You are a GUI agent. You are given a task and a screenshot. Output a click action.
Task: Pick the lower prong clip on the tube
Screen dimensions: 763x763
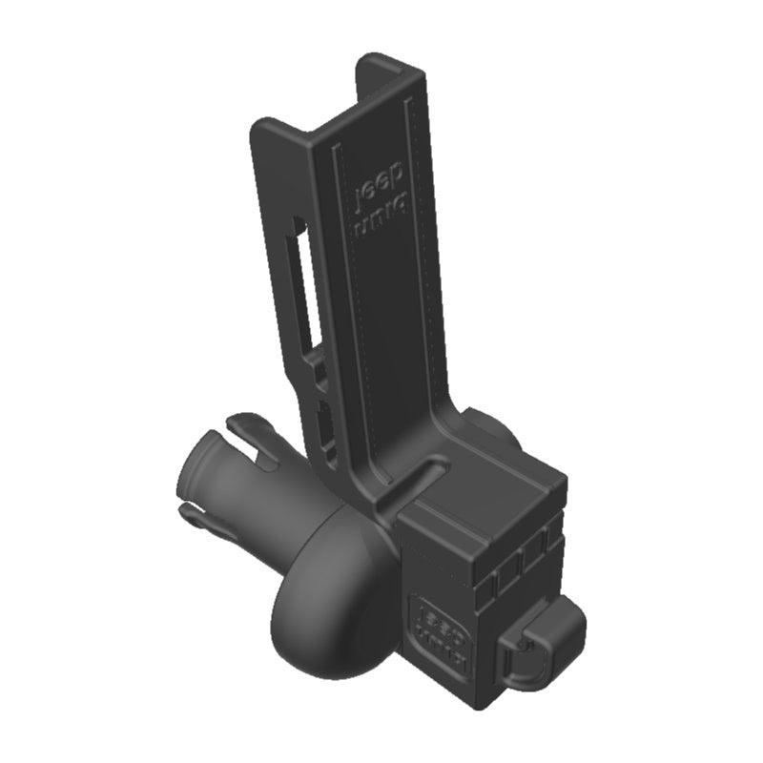(x=205, y=515)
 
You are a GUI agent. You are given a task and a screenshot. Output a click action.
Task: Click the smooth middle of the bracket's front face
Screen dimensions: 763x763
(x=391, y=315)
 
